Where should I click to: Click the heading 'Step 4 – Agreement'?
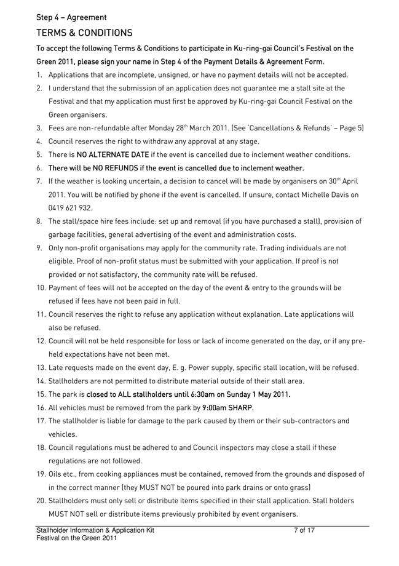[x=71, y=17]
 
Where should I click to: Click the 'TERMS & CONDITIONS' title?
[x=84, y=33]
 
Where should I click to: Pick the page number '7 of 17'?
[x=304, y=530]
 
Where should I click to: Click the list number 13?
[x=40, y=368]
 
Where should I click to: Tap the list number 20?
[x=40, y=501]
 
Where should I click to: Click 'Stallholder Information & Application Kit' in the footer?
[x=95, y=530]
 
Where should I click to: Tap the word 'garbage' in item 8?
[x=63, y=234]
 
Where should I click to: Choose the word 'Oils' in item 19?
[x=57, y=474]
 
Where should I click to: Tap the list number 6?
[x=40, y=168]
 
